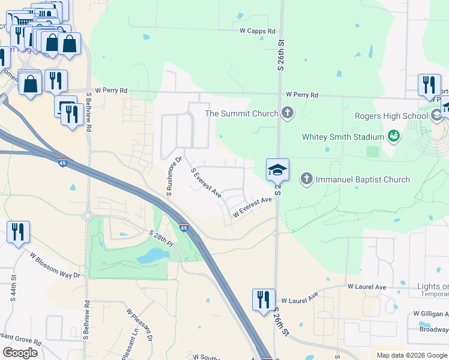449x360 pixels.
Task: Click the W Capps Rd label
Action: click(x=258, y=31)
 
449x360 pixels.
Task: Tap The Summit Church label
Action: click(x=241, y=113)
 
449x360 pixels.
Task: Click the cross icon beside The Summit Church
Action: click(x=288, y=113)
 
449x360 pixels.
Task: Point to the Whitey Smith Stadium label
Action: click(x=343, y=137)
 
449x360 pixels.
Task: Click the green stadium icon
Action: click(x=394, y=137)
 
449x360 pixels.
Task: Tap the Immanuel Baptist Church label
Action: click(x=363, y=179)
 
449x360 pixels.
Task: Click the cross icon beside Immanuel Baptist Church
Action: click(x=307, y=179)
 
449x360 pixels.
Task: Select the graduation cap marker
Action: click(x=277, y=170)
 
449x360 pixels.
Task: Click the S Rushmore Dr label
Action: click(x=174, y=176)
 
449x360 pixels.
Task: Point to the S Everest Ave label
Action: click(x=206, y=183)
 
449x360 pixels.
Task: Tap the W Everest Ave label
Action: click(x=252, y=208)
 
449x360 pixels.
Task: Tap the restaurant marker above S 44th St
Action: click(x=18, y=231)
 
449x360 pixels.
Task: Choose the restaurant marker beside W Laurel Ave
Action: click(x=263, y=299)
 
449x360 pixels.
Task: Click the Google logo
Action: click(x=20, y=353)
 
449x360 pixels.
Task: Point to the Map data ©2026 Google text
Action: click(x=411, y=355)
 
